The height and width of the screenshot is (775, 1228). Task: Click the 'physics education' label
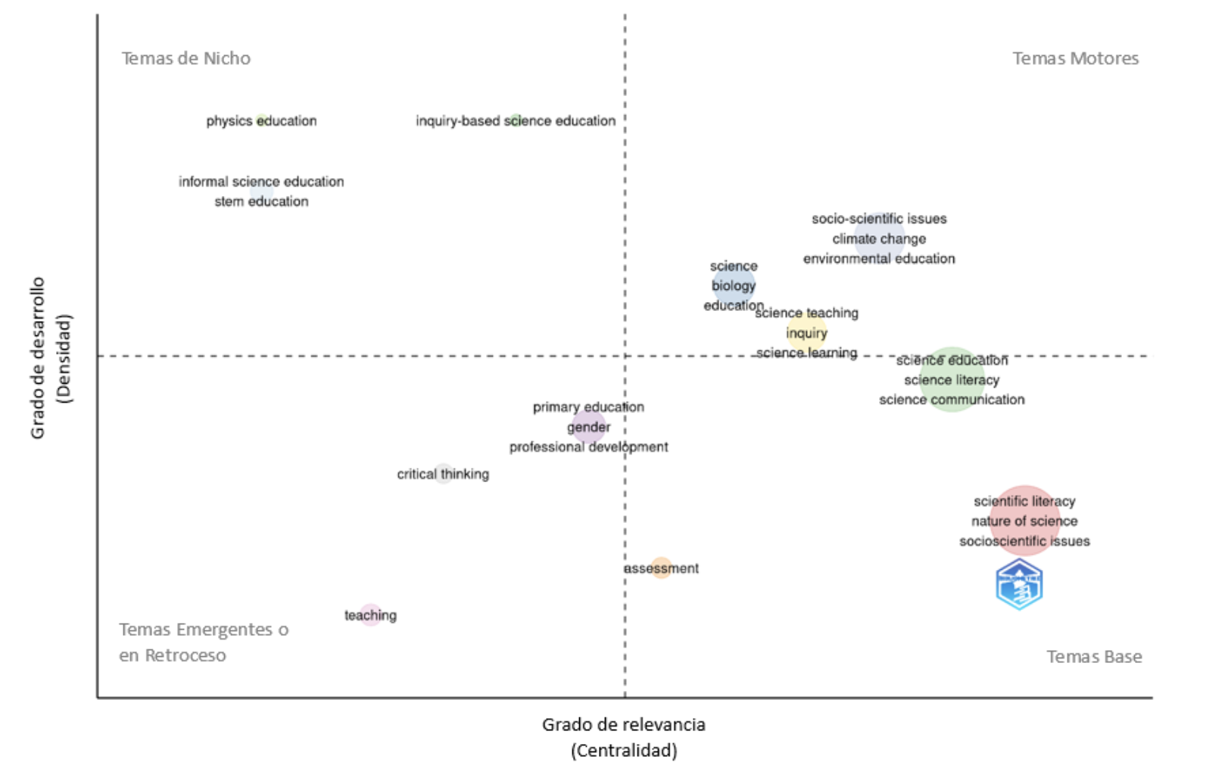[261, 121]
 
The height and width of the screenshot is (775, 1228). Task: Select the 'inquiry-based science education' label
[515, 121]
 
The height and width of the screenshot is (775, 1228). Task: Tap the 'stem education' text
[261, 201]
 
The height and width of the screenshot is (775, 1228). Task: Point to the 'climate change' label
[879, 239]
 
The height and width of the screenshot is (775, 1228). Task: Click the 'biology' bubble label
[733, 285]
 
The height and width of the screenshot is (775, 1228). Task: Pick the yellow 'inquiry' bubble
[806, 333]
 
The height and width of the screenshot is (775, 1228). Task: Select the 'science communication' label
[952, 400]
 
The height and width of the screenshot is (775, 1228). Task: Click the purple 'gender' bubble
[589, 428]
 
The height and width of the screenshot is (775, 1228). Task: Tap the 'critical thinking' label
[443, 475]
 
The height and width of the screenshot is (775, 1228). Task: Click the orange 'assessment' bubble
[661, 568]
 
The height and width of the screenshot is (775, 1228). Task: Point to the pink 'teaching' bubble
[370, 615]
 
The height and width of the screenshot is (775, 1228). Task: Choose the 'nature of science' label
[1024, 521]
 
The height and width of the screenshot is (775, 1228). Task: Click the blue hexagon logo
[1019, 584]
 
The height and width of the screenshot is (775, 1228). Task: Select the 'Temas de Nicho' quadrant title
[186, 58]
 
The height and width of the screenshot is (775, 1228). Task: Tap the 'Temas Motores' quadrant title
[1075, 58]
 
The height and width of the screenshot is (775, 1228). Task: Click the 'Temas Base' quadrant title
[1094, 657]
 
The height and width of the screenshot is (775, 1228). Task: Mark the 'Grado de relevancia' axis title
[624, 725]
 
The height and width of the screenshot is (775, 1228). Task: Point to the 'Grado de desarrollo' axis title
[38, 358]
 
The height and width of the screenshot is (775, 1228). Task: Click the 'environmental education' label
[879, 259]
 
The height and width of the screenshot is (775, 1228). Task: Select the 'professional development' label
[588, 447]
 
